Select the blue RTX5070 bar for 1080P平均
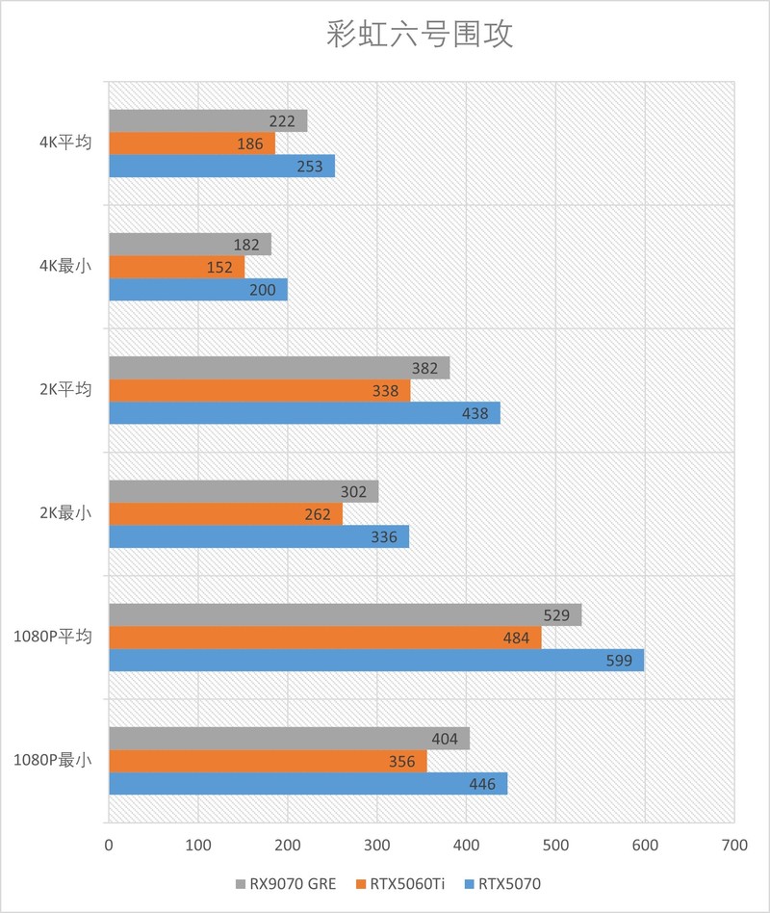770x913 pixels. [375, 660]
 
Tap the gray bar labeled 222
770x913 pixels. [207, 120]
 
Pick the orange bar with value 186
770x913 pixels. [191, 143]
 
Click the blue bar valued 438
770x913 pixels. [303, 413]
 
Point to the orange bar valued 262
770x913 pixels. [224, 514]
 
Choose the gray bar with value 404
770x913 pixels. [289, 739]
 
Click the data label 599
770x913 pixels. [618, 660]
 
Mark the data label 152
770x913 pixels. [219, 267]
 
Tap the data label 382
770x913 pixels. [424, 368]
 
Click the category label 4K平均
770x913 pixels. [65, 143]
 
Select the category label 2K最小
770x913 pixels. [65, 514]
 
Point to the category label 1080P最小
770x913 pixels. [53, 760]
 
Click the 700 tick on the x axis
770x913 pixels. [733, 845]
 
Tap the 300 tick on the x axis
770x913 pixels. [377, 845]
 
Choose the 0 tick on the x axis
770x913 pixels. [109, 845]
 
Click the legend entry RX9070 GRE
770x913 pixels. [286, 883]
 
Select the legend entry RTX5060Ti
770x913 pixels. [405, 883]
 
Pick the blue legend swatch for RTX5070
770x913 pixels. [470, 883]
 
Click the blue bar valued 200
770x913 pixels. [197, 290]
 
